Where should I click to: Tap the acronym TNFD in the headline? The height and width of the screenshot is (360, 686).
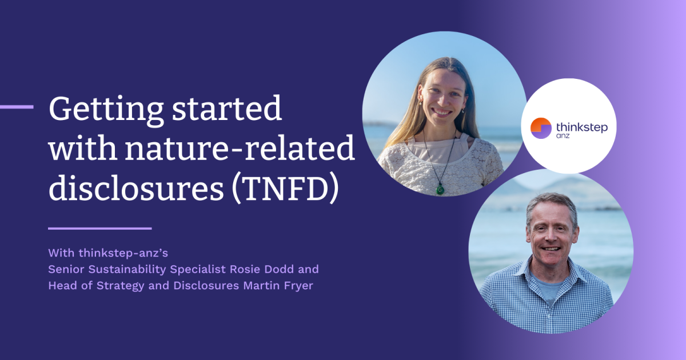(x=286, y=190)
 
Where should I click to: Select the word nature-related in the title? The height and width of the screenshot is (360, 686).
(x=240, y=148)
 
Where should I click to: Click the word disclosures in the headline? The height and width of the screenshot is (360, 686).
(x=136, y=187)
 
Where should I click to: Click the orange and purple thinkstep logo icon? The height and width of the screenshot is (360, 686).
(x=541, y=128)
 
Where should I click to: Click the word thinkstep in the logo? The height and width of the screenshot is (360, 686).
(x=582, y=127)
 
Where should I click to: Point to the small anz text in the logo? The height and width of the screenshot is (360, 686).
(x=563, y=135)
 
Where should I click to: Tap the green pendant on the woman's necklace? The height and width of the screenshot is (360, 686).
(x=440, y=190)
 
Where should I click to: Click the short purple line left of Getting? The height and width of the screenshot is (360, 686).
(x=17, y=107)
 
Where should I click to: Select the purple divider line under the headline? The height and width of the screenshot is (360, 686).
(x=100, y=229)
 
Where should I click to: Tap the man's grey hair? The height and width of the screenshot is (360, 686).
(x=551, y=203)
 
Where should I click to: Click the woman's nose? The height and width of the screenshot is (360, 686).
(x=443, y=101)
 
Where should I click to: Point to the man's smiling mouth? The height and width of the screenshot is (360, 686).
(x=551, y=249)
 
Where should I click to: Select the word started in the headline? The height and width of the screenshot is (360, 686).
(x=226, y=109)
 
